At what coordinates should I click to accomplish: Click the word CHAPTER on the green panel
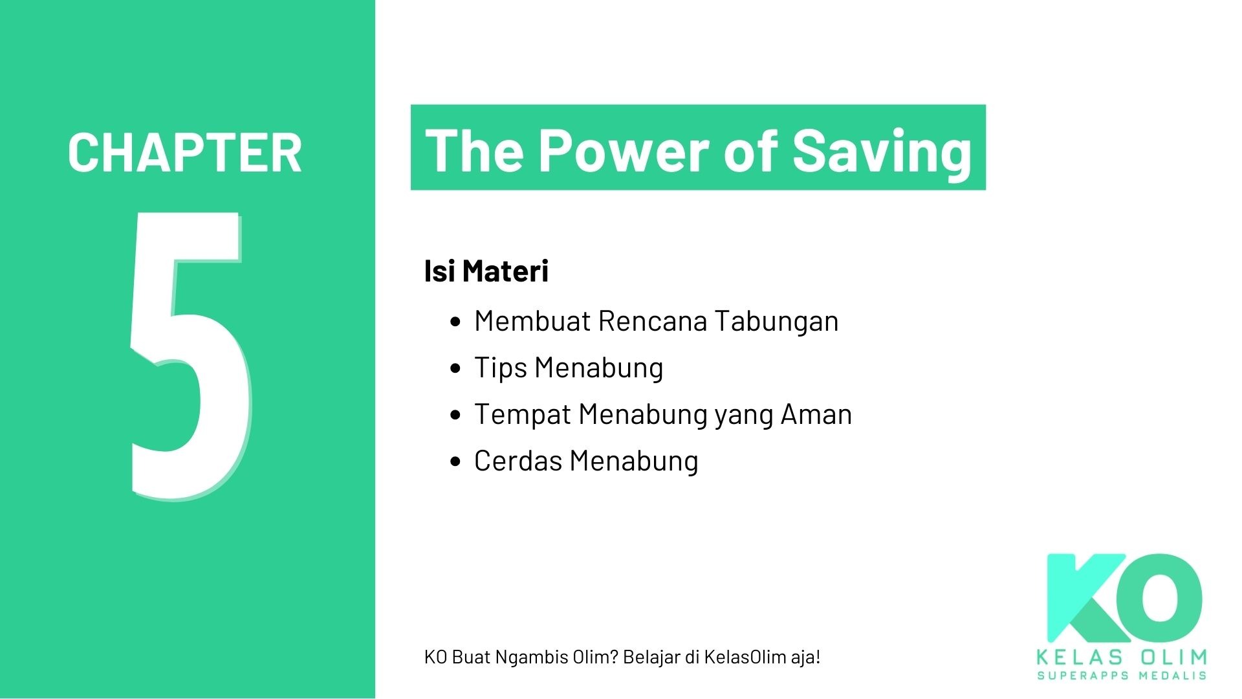(184, 153)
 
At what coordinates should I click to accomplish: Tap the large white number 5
(188, 356)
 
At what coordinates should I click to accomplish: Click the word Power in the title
(624, 150)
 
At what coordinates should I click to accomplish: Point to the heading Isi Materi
(486, 271)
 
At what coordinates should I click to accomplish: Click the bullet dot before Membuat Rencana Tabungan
(456, 322)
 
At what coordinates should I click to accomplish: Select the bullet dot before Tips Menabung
(456, 368)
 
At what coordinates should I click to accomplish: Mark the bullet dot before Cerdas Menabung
(456, 461)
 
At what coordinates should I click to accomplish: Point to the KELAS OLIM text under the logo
(1122, 658)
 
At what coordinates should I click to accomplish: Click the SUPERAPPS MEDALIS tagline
(1122, 676)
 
